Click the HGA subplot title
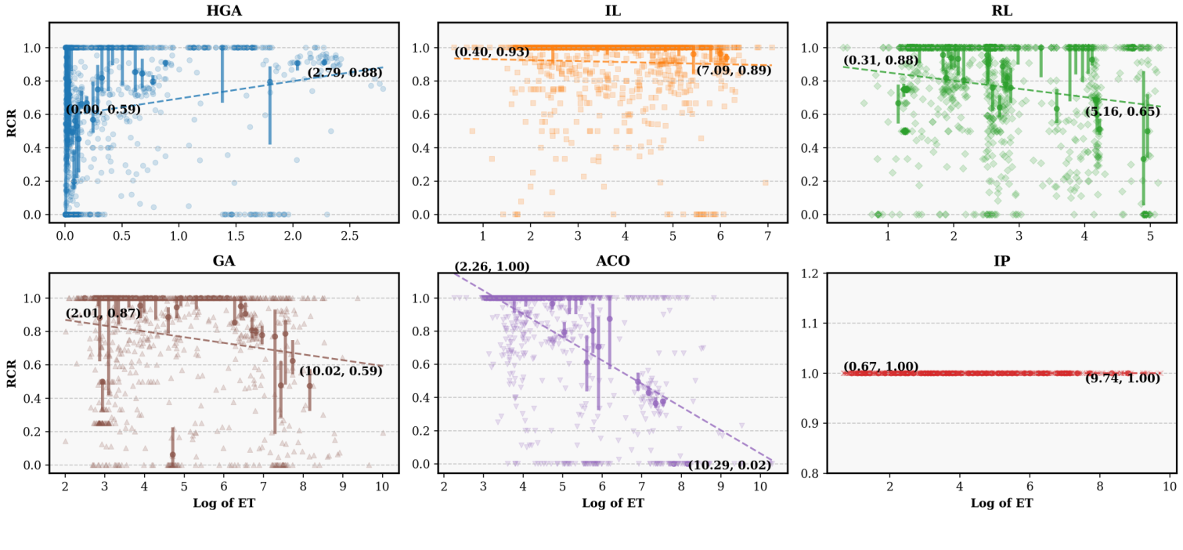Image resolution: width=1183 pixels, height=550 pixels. point(223,11)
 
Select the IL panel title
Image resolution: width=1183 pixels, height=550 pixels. point(612,11)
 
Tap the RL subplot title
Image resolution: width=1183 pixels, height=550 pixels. point(1001,11)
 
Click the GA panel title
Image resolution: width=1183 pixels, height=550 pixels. point(223,262)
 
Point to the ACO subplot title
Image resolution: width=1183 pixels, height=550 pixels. point(612,262)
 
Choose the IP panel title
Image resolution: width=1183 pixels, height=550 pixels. point(1001,262)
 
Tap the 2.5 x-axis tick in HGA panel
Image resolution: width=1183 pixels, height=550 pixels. point(349,235)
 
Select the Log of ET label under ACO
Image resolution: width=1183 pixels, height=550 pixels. point(612,503)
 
